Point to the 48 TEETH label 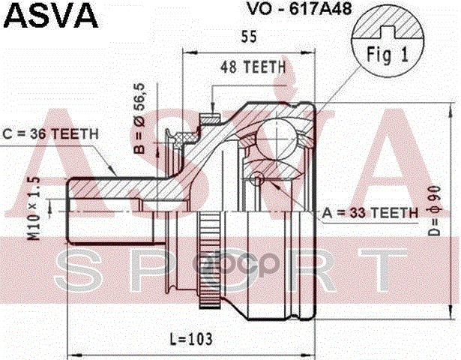point(253,67)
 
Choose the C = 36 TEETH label point(51,133)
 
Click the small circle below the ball point(259,178)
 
